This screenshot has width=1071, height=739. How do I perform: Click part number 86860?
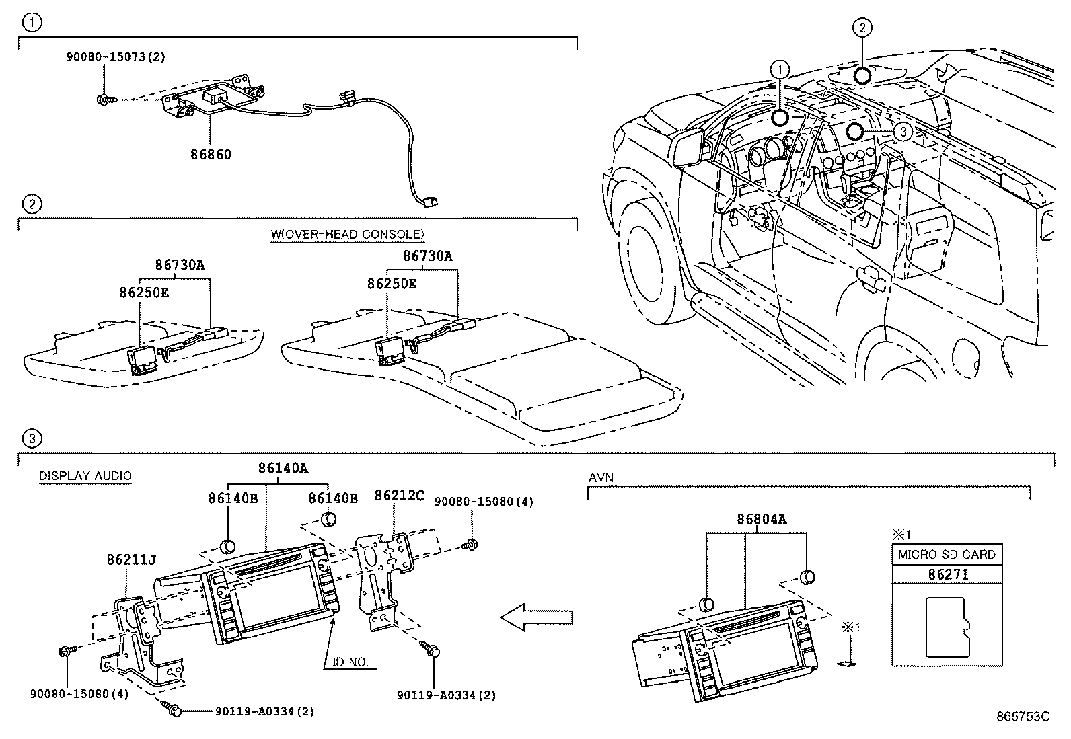click(210, 154)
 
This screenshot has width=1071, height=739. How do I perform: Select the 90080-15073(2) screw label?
click(115, 58)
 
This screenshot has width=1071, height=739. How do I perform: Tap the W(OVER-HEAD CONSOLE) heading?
click(347, 234)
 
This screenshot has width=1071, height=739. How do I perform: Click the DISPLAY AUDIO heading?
click(85, 476)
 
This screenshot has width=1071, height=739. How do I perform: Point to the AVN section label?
click(601, 477)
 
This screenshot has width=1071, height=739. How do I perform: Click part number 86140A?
click(283, 468)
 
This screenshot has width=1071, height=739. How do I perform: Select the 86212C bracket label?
click(399, 496)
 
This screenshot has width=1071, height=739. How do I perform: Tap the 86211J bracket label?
click(132, 559)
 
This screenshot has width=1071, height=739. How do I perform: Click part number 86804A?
click(762, 519)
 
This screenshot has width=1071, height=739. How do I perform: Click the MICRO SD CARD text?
click(947, 555)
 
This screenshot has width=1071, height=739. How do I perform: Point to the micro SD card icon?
click(947, 627)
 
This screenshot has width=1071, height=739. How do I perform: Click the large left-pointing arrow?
click(537, 617)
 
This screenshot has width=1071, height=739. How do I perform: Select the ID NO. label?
click(350, 662)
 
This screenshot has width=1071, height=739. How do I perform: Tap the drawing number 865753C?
click(1023, 717)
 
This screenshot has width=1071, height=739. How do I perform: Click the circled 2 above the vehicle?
click(862, 27)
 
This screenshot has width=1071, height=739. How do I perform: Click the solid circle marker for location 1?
click(780, 118)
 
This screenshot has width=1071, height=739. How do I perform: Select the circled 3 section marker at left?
click(32, 439)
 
